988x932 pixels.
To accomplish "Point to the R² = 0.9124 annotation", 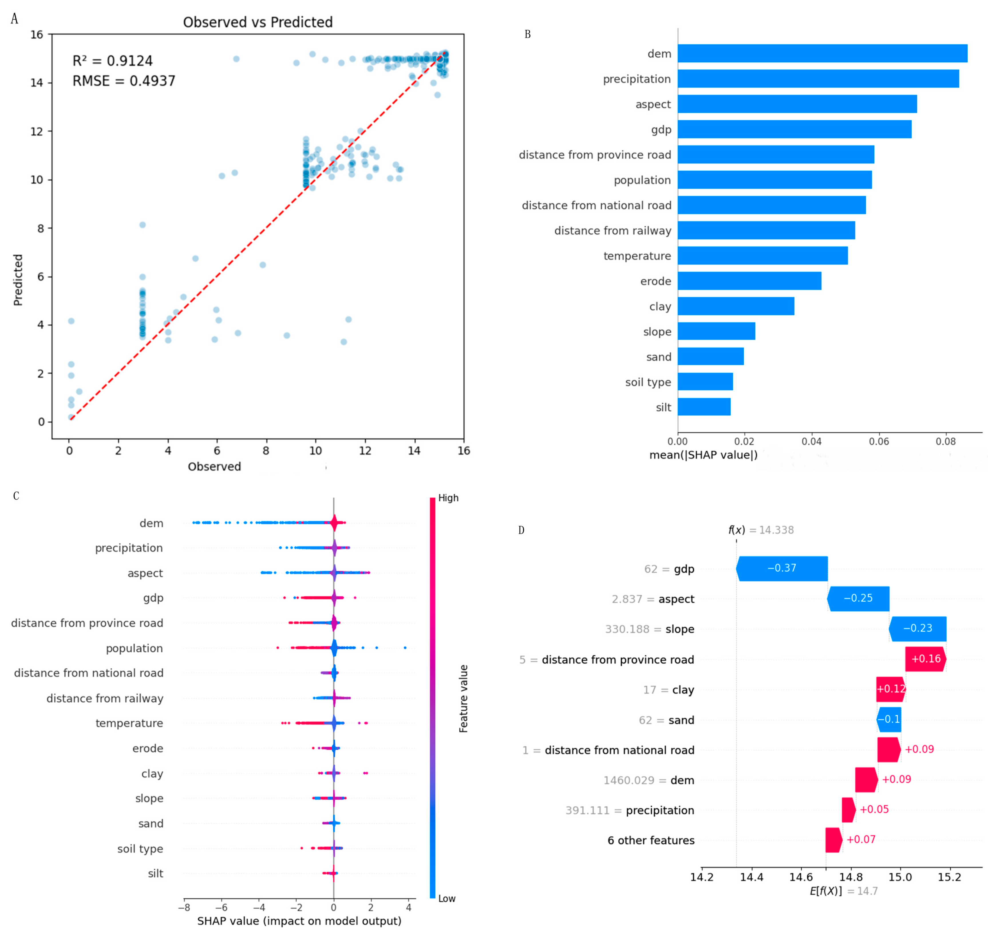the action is click(113, 61).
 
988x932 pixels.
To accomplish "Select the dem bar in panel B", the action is click(823, 53).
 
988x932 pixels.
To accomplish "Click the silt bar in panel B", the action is click(704, 406).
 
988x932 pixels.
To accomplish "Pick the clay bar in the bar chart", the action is click(736, 306).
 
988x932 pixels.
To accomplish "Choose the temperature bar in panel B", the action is click(763, 256).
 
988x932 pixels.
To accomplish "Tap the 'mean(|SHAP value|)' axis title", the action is click(703, 455).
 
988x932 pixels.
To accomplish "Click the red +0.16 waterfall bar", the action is click(925, 659).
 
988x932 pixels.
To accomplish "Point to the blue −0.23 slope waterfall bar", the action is click(917, 629).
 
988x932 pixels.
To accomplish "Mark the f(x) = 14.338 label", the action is click(761, 530).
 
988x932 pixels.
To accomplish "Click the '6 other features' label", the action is click(651, 840).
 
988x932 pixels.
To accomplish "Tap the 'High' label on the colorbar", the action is click(448, 498).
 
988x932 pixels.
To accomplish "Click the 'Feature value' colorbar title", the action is click(463, 698).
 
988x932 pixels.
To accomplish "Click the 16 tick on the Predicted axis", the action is click(37, 34).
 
